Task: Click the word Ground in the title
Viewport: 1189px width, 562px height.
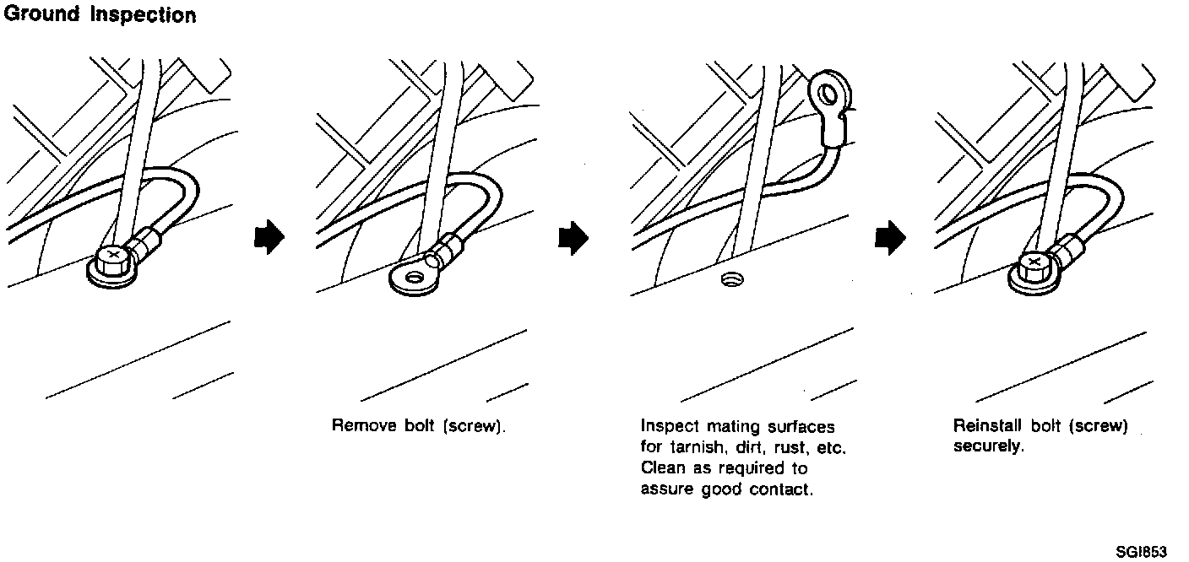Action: (41, 15)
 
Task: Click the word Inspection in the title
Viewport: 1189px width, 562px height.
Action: (143, 15)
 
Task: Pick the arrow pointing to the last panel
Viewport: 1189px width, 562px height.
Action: (888, 238)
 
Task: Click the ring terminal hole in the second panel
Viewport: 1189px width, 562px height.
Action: (414, 277)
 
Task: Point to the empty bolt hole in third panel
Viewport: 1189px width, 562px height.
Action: (730, 278)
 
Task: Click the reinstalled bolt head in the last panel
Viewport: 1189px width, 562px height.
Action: (1034, 265)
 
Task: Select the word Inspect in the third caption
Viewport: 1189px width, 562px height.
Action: (670, 427)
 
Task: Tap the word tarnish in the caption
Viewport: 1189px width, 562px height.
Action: (693, 447)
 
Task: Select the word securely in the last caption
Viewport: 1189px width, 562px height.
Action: (988, 446)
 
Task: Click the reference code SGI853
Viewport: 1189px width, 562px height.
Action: (1140, 552)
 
